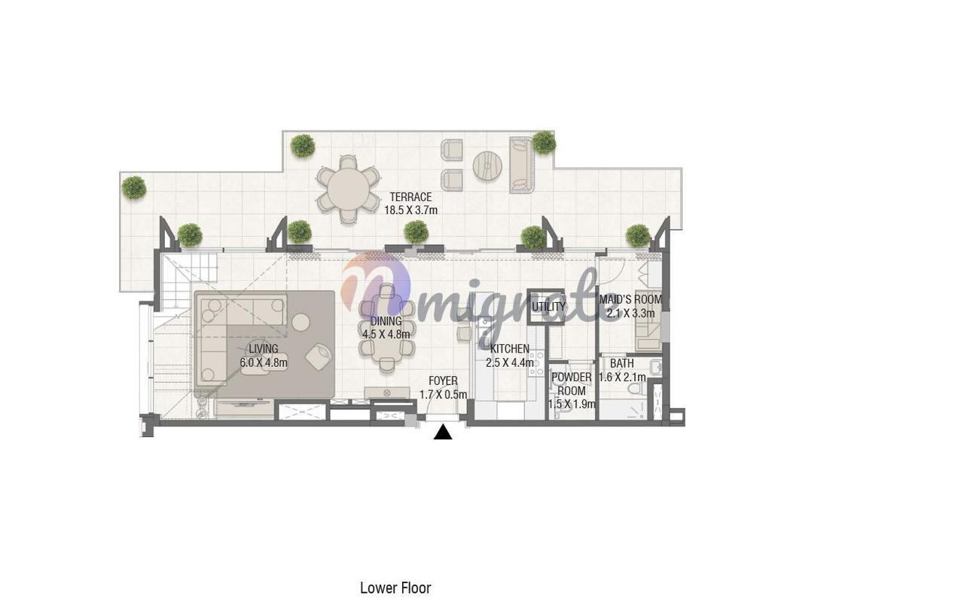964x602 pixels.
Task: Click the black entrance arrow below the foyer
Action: pos(443,432)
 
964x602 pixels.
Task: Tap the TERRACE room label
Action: pos(410,197)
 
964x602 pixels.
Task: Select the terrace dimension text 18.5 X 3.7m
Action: pos(410,210)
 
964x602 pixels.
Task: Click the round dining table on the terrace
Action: pos(348,189)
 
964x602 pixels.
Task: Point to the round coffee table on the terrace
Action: pos(487,165)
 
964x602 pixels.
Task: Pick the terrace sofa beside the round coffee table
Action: pos(522,164)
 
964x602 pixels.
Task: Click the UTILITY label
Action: pos(548,307)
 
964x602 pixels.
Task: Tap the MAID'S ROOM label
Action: pos(630,299)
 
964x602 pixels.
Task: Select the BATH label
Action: pos(622,364)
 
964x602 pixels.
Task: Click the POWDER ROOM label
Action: pos(572,384)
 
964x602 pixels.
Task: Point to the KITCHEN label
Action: pos(510,349)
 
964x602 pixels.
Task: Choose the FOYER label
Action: pos(444,381)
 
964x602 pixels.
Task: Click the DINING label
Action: pos(386,321)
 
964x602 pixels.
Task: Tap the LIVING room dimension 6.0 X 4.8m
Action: pos(264,362)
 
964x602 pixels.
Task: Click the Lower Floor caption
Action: pos(395,588)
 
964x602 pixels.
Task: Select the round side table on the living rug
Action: pos(300,322)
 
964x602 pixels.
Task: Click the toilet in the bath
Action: pos(635,390)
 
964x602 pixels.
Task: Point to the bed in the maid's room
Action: pos(648,329)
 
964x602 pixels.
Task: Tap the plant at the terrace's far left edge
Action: pos(134,188)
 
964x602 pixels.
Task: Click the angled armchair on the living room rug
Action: pos(319,356)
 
